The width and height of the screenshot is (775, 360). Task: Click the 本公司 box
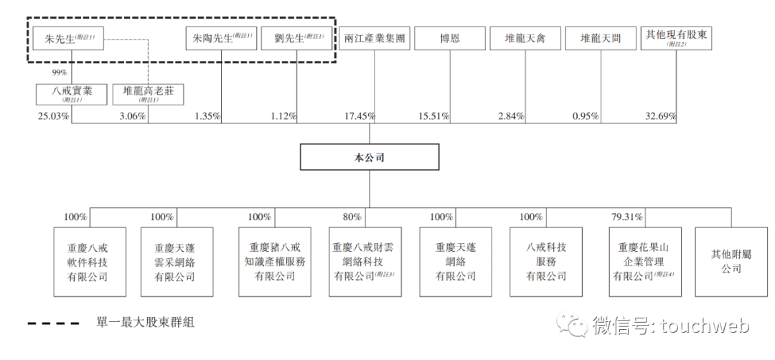click(x=370, y=157)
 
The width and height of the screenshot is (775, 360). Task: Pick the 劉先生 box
click(x=296, y=39)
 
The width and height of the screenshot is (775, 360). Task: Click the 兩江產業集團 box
click(x=373, y=39)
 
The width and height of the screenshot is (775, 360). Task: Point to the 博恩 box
click(x=450, y=39)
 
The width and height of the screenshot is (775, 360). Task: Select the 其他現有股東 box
click(x=676, y=39)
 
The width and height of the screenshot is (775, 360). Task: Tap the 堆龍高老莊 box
click(x=148, y=94)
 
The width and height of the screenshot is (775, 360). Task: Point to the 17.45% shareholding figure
click(x=358, y=116)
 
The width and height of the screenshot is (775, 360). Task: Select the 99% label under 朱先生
click(x=59, y=73)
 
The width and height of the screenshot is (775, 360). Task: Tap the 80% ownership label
click(x=352, y=217)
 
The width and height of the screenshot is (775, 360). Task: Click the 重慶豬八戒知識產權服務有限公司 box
click(x=276, y=261)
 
